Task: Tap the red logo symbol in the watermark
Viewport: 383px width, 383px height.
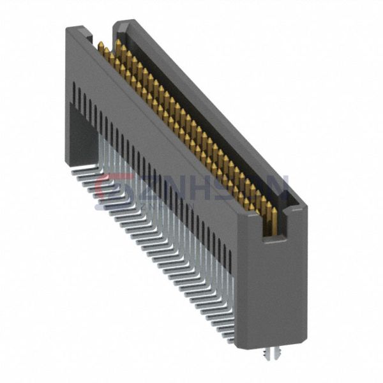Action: pyautogui.click(x=105, y=186)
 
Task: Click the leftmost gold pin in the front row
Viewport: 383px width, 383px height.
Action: pyautogui.click(x=101, y=47)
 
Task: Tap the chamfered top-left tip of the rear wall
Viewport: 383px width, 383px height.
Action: pyautogui.click(x=120, y=24)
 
